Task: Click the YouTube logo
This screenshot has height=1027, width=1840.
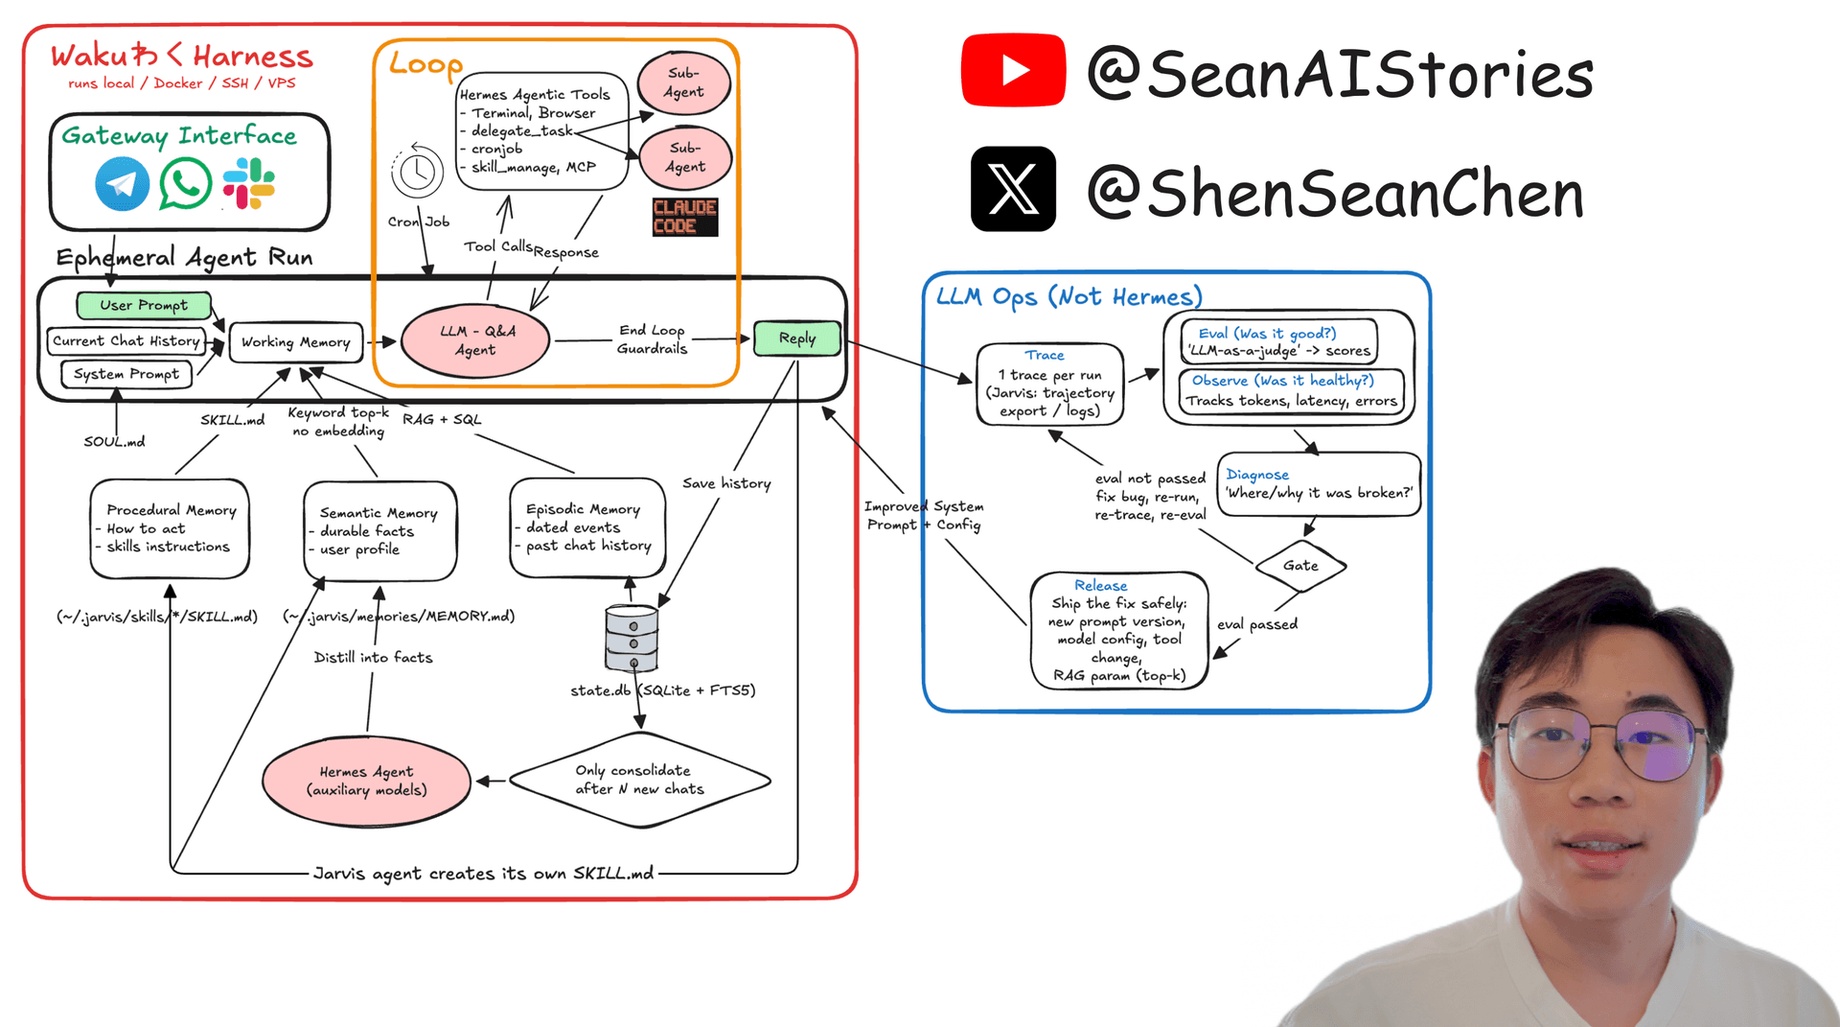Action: pyautogui.click(x=1013, y=70)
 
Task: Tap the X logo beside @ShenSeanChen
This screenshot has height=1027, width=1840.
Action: pyautogui.click(x=1013, y=189)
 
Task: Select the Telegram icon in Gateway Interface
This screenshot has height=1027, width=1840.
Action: pyautogui.click(x=122, y=183)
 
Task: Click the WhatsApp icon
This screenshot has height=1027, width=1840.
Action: pyautogui.click(x=185, y=183)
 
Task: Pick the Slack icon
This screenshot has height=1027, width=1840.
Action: pyautogui.click(x=248, y=183)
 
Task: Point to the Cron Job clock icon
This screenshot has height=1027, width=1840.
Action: pyautogui.click(x=417, y=172)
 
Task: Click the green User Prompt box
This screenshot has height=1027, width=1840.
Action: pyautogui.click(x=144, y=305)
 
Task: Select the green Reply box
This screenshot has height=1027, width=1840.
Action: pyautogui.click(x=797, y=338)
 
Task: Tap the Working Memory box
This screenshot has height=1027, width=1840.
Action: pyautogui.click(x=296, y=342)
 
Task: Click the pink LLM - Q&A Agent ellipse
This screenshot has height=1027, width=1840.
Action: pyautogui.click(x=475, y=340)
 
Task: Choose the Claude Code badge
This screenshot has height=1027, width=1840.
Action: pyautogui.click(x=685, y=217)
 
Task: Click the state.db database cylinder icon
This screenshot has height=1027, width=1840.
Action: pyautogui.click(x=632, y=638)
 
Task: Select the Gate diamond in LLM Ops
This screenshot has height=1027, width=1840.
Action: pyautogui.click(x=1300, y=566)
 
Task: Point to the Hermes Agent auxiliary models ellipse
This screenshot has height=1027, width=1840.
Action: pyautogui.click(x=366, y=782)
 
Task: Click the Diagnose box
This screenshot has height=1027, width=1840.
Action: pyautogui.click(x=1319, y=484)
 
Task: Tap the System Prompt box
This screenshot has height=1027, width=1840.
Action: pyautogui.click(x=126, y=374)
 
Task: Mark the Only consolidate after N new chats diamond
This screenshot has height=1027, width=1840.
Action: pyautogui.click(x=639, y=780)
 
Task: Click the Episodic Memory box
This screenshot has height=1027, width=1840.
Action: pyautogui.click(x=587, y=528)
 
